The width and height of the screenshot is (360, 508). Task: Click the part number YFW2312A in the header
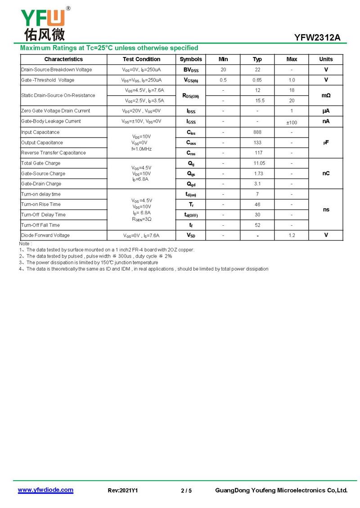[317, 38]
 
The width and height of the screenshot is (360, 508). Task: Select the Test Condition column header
[141, 59]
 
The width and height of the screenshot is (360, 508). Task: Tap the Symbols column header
[191, 59]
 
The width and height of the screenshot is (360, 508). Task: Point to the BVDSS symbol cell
[191, 70]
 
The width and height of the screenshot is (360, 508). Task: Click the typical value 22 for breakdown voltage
[257, 70]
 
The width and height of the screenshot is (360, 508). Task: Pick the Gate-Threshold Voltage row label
[48, 80]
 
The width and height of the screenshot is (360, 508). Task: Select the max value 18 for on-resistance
[292, 90]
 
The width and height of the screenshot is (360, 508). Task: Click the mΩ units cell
[326, 95]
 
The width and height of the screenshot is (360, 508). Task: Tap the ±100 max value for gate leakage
[292, 122]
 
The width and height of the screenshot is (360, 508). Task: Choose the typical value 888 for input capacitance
[257, 132]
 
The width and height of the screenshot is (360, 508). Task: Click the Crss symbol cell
[191, 153]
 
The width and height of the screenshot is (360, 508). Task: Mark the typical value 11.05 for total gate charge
[257, 163]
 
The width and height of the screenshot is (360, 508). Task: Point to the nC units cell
[326, 174]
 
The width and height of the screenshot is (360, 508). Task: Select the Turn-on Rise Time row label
[41, 205]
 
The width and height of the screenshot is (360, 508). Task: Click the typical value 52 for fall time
[257, 225]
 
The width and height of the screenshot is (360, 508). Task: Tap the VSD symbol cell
[191, 235]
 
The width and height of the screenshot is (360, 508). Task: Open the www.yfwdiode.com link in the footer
[45, 490]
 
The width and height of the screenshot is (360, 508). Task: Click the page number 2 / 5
[186, 490]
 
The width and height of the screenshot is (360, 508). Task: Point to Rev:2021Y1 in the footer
[123, 490]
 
